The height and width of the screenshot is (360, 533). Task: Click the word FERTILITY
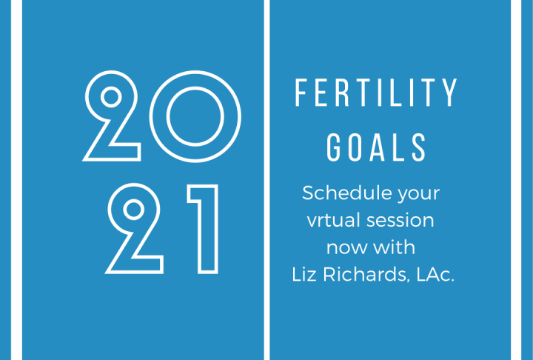click(x=376, y=93)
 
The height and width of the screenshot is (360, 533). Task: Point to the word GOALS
click(x=376, y=147)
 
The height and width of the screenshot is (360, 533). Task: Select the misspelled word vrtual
click(x=334, y=220)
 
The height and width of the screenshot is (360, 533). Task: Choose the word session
click(x=400, y=221)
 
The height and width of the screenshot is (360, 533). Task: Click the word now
click(x=346, y=248)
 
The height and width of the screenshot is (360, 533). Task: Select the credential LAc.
click(x=435, y=274)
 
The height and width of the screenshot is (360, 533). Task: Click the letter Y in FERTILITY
click(x=450, y=93)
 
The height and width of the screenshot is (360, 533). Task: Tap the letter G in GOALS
click(x=333, y=147)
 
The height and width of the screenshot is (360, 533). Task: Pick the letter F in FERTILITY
click(x=301, y=93)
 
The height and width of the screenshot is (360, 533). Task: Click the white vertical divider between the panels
click(x=266, y=180)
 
